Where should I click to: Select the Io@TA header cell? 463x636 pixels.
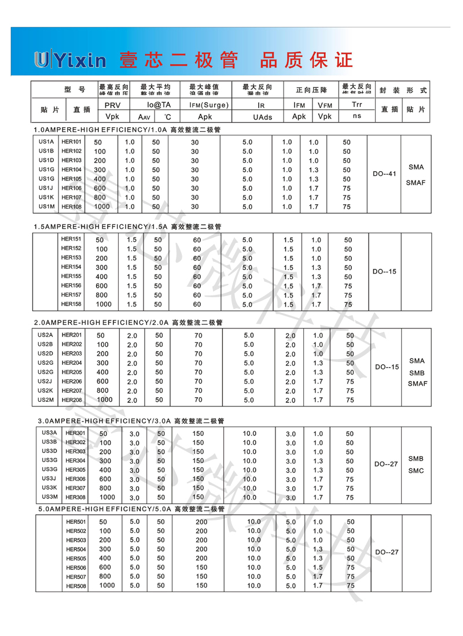158,105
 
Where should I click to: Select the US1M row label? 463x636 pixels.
46,206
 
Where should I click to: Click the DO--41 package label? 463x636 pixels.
384,173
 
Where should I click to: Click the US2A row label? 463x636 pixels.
46,335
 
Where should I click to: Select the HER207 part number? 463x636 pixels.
72,391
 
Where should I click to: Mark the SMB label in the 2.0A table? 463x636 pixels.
417,372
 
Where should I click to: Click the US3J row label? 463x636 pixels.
49,479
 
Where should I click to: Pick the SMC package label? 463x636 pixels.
416,471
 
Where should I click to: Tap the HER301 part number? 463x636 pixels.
75,433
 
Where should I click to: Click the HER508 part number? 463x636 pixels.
76,587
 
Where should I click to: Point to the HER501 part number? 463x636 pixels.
76,522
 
